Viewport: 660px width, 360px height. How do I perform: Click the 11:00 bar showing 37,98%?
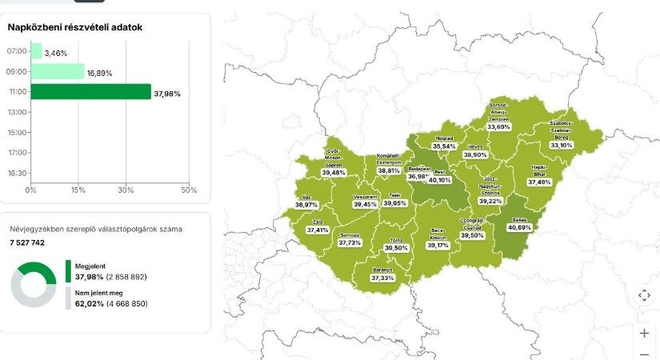[x=90, y=92]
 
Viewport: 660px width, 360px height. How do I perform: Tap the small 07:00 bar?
[x=36, y=51]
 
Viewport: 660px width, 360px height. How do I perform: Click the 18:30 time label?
[x=17, y=173]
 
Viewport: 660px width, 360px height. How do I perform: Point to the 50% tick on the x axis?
[x=189, y=190]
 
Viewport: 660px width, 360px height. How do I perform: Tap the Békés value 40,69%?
[x=519, y=227]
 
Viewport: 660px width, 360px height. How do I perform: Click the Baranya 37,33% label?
[x=382, y=278]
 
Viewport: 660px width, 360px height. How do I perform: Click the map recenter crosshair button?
[x=645, y=295]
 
